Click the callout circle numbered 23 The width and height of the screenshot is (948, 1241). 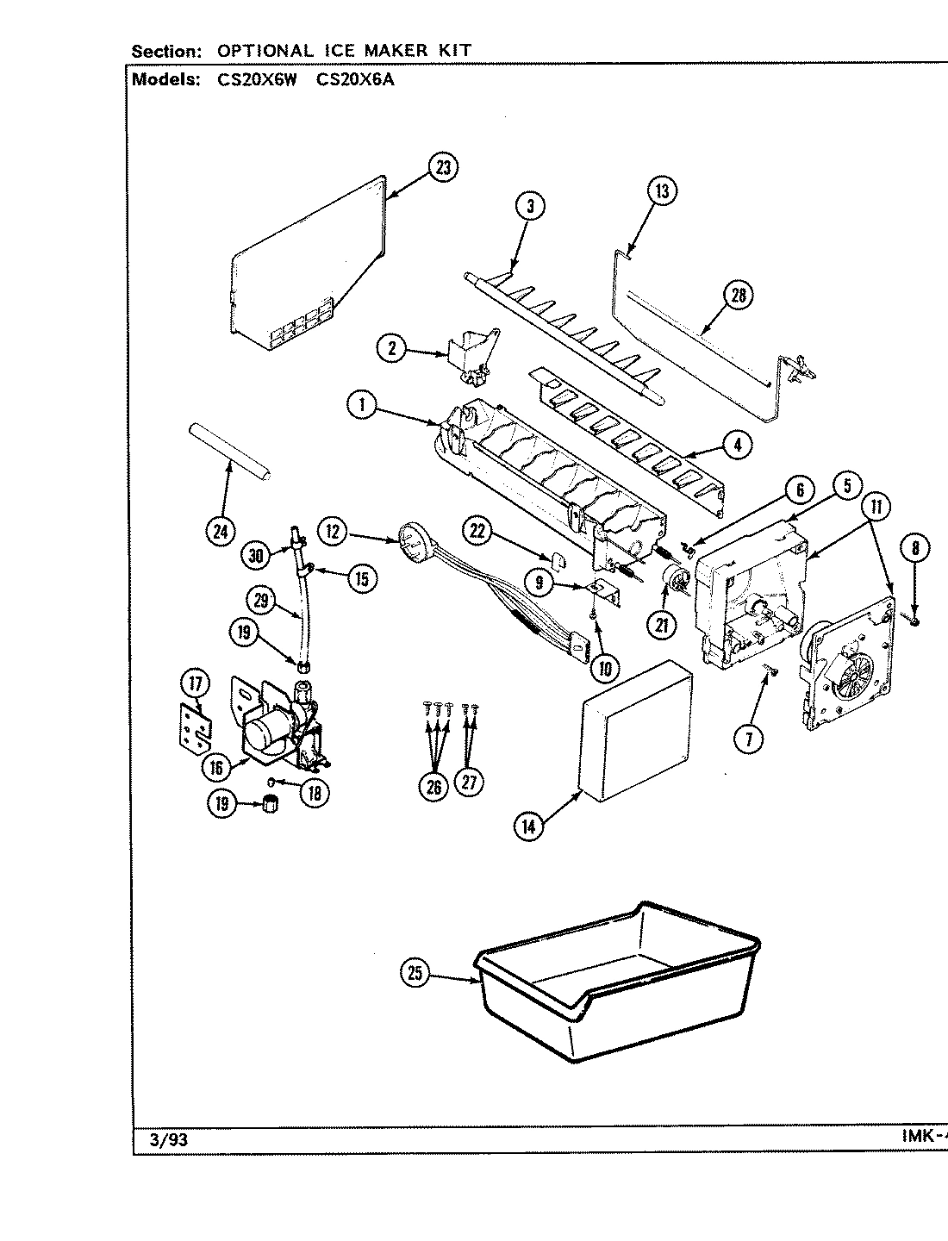(443, 169)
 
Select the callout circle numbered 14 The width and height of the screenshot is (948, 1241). (528, 825)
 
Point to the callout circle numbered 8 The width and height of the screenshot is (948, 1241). (914, 546)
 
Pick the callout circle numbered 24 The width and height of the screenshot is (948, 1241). (221, 532)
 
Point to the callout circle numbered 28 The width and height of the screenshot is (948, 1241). (738, 296)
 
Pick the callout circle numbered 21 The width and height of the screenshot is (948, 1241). (662, 626)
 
